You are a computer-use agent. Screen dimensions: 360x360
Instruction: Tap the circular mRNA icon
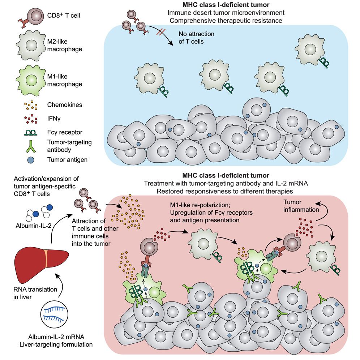coord(55,312)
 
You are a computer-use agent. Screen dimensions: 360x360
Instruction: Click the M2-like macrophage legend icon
coord(30,47)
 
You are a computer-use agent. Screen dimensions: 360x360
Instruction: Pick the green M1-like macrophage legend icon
coord(30,79)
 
